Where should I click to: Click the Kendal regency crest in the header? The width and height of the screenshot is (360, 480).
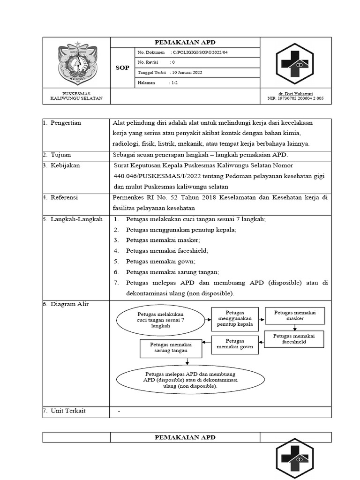[x=76, y=63]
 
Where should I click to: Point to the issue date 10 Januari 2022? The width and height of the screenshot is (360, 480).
[x=187, y=73]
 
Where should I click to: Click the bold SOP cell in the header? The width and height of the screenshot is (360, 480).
[x=122, y=68]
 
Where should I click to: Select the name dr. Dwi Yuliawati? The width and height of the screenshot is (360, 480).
[x=295, y=94]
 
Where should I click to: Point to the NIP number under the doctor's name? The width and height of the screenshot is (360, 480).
[x=295, y=99]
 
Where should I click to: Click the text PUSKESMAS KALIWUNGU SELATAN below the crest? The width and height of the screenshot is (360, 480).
[x=76, y=96]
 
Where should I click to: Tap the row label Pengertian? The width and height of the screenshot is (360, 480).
[x=66, y=123]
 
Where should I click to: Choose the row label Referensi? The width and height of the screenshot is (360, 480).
[x=65, y=198]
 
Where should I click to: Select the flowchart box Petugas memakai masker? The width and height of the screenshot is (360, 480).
[x=295, y=315]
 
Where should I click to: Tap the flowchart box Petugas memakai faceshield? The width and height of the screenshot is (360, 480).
[x=294, y=339]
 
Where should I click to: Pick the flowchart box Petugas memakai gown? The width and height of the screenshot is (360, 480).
[x=235, y=344]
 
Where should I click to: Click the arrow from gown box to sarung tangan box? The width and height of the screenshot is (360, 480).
[x=206, y=345]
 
